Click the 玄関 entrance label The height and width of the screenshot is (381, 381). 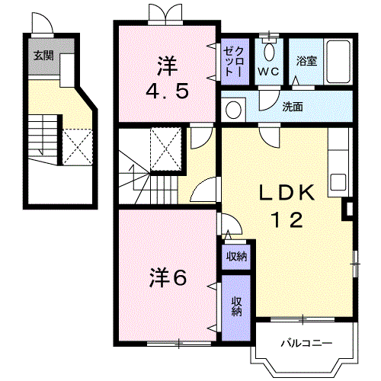42,55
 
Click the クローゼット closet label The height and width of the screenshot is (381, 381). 232,60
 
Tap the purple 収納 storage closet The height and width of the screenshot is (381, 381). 237,306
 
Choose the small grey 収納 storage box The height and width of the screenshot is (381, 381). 237,256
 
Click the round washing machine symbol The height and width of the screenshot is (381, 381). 235,109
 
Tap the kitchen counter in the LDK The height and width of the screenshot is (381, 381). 338,160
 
